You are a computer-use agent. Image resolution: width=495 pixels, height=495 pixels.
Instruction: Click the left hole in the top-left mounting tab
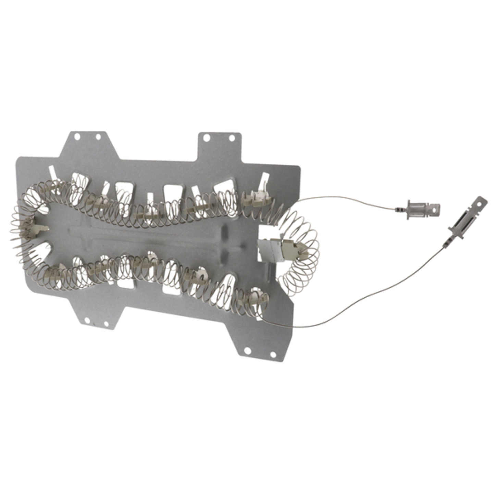click(77, 136)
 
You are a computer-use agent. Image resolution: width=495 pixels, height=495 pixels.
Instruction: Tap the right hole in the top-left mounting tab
click(98, 137)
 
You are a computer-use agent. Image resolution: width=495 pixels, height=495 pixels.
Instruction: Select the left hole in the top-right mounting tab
click(206, 138)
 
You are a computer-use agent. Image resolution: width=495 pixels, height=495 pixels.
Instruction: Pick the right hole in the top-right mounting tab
click(232, 138)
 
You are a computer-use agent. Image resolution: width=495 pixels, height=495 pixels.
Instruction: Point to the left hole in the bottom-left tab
click(87, 321)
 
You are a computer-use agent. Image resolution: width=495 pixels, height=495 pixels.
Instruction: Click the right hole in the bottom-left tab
click(106, 324)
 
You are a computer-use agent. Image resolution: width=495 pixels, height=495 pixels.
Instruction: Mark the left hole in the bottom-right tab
click(247, 350)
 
